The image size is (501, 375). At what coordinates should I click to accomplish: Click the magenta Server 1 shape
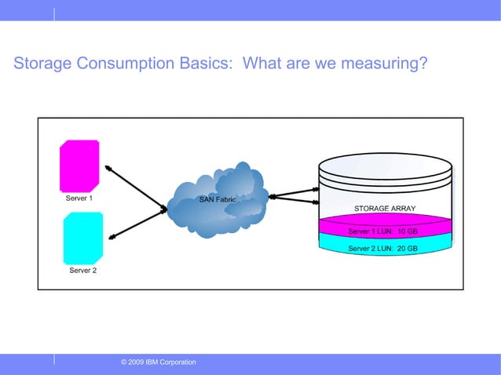click(79, 164)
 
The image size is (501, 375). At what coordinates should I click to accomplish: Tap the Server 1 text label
click(79, 198)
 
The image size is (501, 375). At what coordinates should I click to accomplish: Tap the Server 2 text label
click(83, 271)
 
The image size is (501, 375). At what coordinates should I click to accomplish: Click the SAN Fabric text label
click(218, 199)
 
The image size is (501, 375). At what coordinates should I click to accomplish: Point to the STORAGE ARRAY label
click(385, 209)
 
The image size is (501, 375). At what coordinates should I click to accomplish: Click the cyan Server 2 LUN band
click(385, 248)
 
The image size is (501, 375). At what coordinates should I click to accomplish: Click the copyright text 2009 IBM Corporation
click(159, 362)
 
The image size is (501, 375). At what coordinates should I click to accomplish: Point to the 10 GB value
click(407, 231)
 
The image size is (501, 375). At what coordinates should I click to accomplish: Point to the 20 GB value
click(407, 248)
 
